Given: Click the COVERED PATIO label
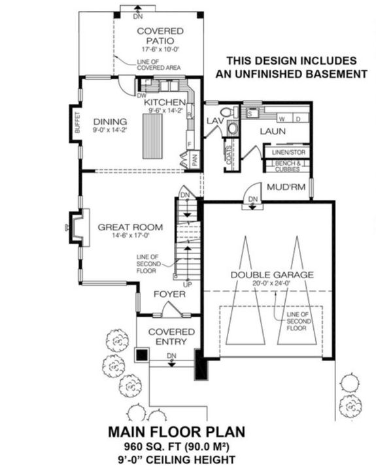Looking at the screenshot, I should point(160,35).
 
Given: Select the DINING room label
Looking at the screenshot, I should point(106,121).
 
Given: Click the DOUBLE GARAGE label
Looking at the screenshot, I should point(271,275).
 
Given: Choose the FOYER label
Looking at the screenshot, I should point(169,294).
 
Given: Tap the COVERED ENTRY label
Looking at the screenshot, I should point(171,337).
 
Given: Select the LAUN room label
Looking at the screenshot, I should point(269,131).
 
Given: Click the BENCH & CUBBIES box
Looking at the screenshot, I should point(286,166).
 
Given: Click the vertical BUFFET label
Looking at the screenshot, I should point(77,123).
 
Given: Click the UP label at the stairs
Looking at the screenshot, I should point(188,285).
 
